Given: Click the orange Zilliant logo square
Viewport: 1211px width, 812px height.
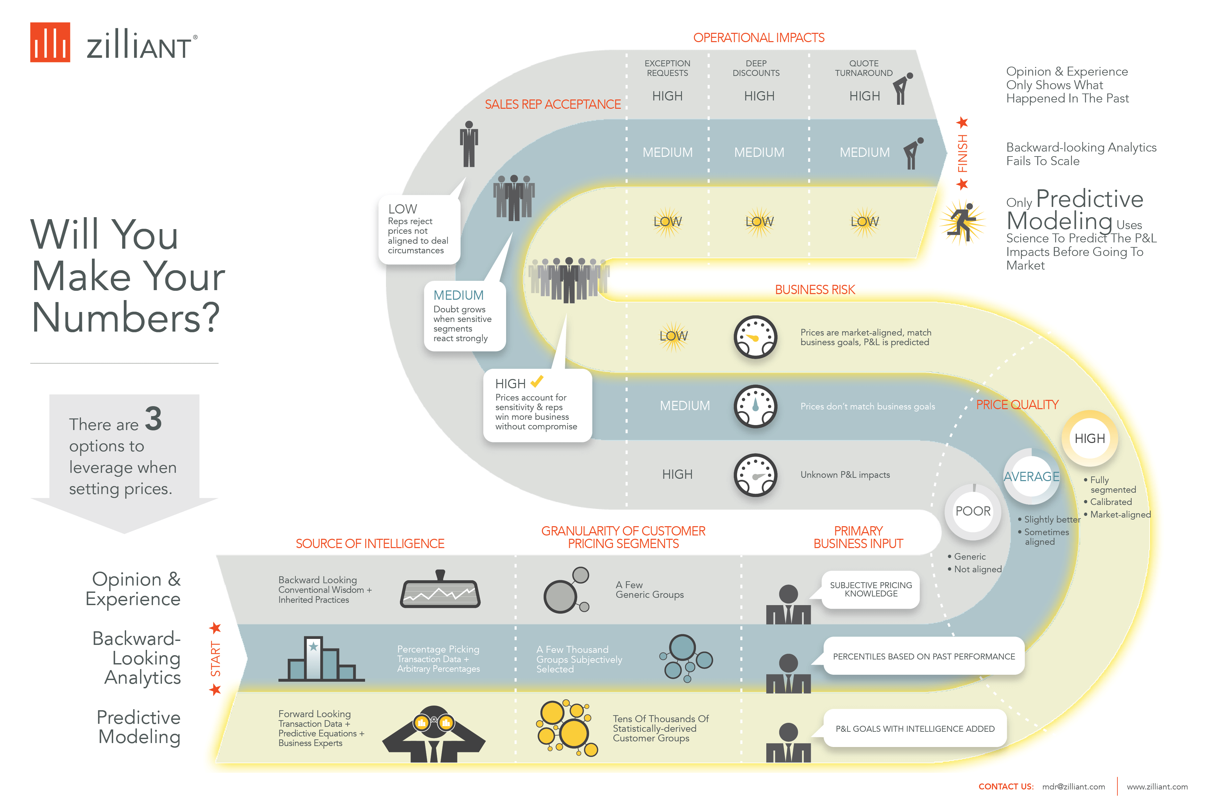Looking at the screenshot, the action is [x=50, y=42].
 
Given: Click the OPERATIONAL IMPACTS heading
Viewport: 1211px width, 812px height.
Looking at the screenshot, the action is [x=759, y=38].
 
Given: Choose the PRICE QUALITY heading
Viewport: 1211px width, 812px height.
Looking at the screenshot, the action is [x=1017, y=405].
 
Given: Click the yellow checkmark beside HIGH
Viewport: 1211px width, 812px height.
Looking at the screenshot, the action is [x=537, y=381].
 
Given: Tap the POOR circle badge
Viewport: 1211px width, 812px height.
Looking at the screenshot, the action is [x=973, y=512].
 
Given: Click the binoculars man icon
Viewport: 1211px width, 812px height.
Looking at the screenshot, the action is [x=434, y=734].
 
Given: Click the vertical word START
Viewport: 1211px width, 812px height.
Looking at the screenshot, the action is [x=216, y=659].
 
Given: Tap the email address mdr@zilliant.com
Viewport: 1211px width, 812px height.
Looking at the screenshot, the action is [x=1073, y=786].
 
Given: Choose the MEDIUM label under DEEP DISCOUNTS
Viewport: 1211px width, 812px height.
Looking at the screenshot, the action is [x=759, y=152].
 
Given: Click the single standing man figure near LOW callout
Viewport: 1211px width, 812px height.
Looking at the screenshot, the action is [x=469, y=144].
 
